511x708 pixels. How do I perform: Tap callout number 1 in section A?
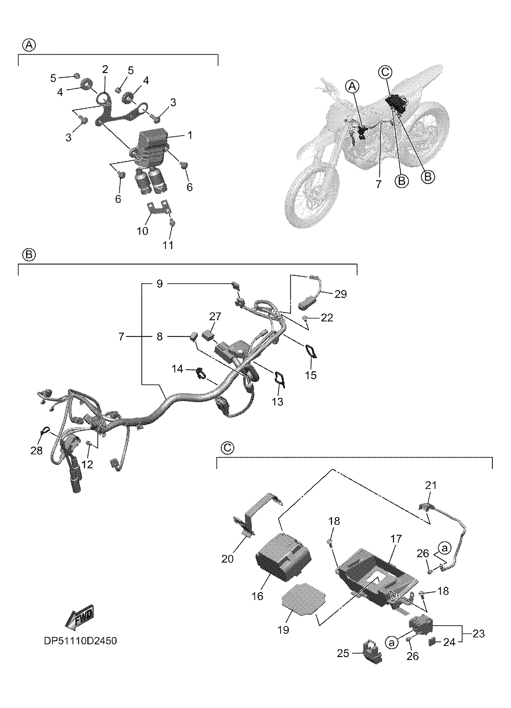[x=189, y=136]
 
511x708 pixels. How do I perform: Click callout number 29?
[x=340, y=294]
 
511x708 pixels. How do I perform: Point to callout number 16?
[x=257, y=596]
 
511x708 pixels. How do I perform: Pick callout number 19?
[x=283, y=630]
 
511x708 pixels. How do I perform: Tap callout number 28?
[x=37, y=451]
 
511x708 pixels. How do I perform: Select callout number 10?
[x=143, y=231]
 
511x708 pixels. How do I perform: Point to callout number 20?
[x=228, y=559]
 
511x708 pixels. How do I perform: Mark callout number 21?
[x=431, y=485]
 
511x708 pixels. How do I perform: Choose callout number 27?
[x=215, y=316]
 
